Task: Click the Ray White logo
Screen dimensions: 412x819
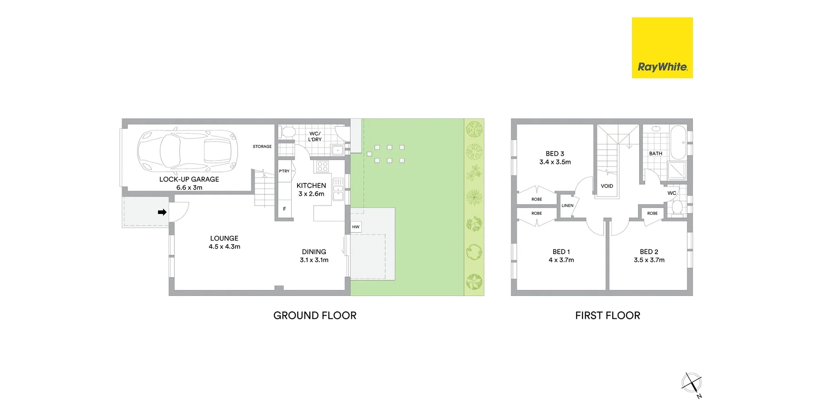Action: pos(662,48)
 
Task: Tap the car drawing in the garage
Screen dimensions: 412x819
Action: pos(187,150)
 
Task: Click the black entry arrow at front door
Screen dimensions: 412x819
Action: pos(162,212)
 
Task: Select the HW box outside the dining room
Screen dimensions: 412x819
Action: pos(356,227)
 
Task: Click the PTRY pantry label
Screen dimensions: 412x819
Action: pos(284,171)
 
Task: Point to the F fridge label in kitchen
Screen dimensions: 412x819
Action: pos(284,209)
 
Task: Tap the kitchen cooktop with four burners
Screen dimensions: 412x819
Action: pos(323,166)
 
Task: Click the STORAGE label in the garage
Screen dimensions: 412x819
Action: pos(262,147)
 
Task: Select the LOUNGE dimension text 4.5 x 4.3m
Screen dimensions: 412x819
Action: pos(224,247)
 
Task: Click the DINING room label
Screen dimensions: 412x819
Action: pos(314,252)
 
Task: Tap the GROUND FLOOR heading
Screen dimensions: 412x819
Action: pos(315,315)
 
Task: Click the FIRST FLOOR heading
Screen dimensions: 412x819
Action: pos(607,315)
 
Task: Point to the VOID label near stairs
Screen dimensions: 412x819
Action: pos(607,186)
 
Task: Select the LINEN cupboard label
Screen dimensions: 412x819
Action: pos(567,206)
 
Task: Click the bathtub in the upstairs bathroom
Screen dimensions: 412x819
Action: pos(678,142)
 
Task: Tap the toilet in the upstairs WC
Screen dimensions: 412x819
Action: pos(677,208)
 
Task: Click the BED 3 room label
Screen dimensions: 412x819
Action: pos(555,154)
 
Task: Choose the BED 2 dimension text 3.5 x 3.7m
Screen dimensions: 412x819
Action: pos(649,260)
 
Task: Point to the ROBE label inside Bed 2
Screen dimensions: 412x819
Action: pos(652,214)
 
